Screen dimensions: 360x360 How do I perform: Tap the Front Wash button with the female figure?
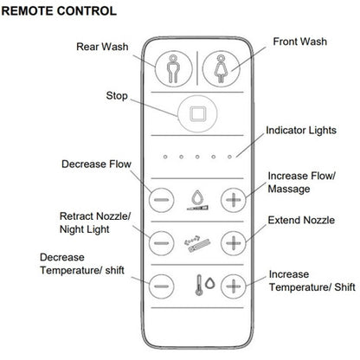221,69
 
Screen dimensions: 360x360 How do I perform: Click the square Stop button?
197,113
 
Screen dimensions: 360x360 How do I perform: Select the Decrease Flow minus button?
161,200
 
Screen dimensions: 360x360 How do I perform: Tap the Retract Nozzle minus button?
162,243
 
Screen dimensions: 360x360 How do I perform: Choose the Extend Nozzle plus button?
234,243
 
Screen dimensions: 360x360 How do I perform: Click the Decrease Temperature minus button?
162,286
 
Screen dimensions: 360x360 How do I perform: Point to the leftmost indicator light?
165,157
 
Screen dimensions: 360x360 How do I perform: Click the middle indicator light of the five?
197,157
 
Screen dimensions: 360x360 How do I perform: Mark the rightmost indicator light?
229,157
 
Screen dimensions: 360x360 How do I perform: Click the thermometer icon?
199,285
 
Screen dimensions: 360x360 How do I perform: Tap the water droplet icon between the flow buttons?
197,197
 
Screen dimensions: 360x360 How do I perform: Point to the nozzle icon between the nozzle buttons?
197,244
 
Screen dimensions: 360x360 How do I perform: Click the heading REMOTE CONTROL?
59,11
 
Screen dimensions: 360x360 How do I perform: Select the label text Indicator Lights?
301,131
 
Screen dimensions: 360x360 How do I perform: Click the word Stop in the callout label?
117,96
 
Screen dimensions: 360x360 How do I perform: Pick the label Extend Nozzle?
301,221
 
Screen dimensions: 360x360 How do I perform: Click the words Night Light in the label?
85,229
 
